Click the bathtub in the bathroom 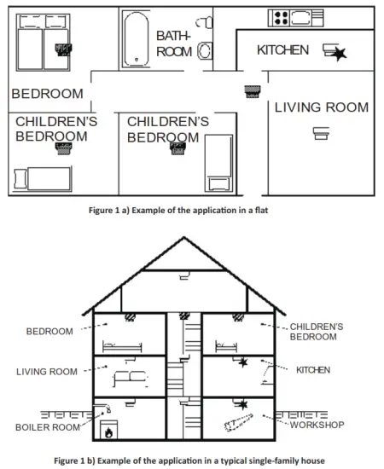click(x=137, y=39)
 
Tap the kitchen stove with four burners click(x=282, y=18)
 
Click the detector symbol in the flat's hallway click(x=253, y=91)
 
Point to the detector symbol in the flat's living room click(x=321, y=133)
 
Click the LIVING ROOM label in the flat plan click(x=322, y=107)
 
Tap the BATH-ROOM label click(x=173, y=43)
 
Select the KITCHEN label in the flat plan click(x=282, y=50)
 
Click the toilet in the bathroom click(x=206, y=50)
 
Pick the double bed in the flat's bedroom click(x=43, y=42)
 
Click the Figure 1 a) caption click(x=178, y=211)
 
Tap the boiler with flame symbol click(x=108, y=430)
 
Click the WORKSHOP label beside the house click(x=317, y=425)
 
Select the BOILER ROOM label click(x=48, y=427)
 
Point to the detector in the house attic click(x=184, y=275)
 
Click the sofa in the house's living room click(x=131, y=378)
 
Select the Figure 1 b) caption click(x=189, y=460)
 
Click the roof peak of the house click(x=183, y=238)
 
